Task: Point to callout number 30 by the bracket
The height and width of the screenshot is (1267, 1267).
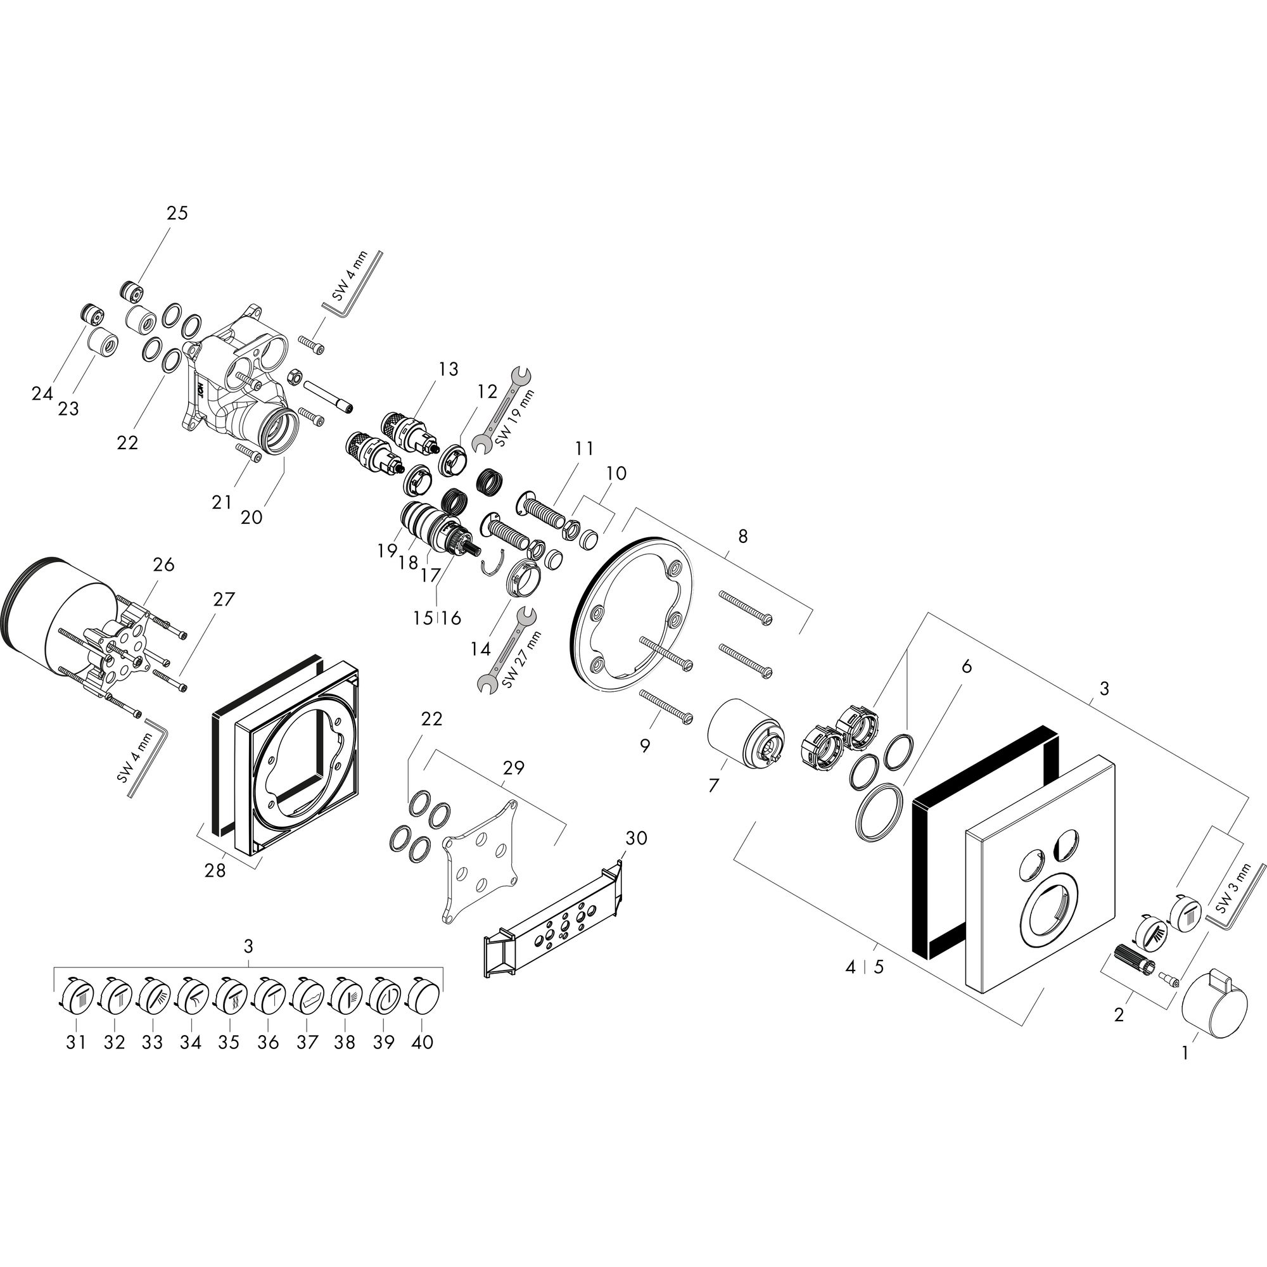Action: point(635,837)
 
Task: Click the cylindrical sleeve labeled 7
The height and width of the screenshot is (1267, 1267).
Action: point(747,735)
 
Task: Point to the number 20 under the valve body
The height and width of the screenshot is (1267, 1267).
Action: point(251,518)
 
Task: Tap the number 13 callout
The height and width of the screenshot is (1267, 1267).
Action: point(449,369)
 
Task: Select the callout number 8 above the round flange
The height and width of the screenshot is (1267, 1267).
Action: point(742,537)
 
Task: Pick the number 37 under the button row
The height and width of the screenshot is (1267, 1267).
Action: point(306,1043)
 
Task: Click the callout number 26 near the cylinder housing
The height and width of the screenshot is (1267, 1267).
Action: point(163,564)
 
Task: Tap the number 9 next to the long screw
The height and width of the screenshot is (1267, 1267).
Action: point(646,746)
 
